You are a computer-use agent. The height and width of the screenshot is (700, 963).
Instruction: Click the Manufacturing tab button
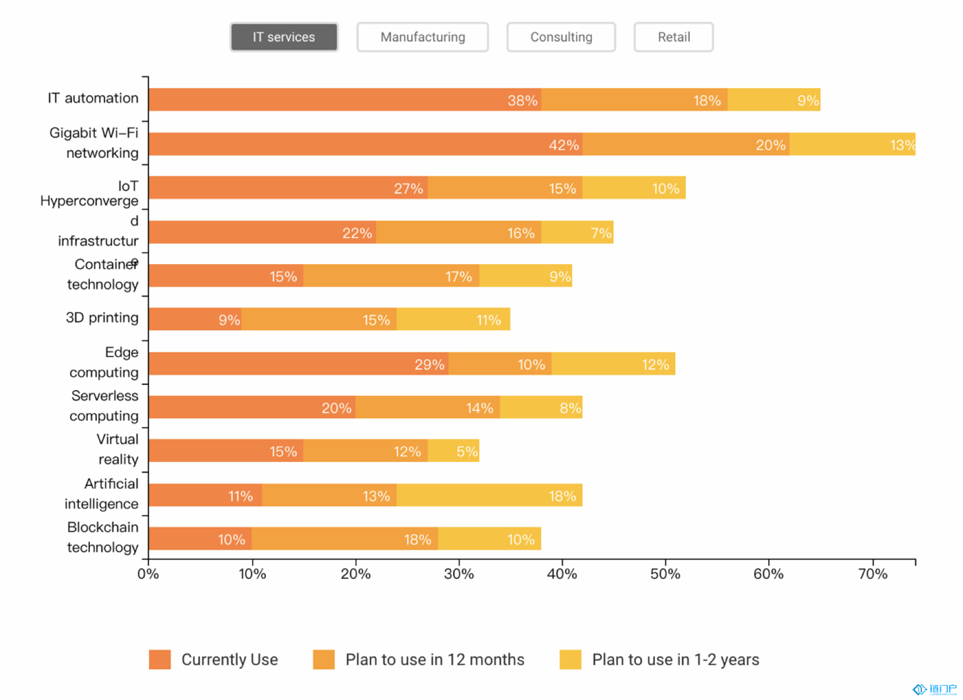422,37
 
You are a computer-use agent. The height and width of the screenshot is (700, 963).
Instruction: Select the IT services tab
284,37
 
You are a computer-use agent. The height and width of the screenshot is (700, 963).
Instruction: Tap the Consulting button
561,37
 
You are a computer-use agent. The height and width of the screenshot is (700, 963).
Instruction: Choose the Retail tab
674,37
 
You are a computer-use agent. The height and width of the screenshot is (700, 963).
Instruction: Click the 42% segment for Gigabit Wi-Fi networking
365,144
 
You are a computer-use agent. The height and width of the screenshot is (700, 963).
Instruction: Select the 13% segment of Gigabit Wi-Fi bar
852,144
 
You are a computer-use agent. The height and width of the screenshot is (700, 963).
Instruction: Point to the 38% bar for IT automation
345,99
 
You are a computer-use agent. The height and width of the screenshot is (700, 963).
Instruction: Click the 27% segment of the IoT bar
288,187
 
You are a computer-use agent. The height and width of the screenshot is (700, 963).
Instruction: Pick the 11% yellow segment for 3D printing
453,319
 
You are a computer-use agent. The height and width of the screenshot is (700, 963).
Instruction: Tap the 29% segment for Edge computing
298,363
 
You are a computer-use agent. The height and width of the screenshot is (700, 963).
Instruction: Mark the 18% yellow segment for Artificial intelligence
489,495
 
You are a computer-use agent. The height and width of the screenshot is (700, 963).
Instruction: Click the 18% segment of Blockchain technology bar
345,539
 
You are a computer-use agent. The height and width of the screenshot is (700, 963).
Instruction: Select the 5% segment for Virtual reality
453,451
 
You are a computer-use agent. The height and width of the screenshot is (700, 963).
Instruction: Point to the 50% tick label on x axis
665,574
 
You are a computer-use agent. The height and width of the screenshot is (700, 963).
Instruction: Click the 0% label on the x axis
148,574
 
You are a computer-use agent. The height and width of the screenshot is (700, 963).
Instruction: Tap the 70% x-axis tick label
873,574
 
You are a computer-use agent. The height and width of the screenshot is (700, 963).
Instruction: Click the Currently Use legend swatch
160,659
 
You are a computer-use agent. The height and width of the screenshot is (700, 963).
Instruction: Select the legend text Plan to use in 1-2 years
675,659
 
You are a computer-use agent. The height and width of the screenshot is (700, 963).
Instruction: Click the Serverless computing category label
104,406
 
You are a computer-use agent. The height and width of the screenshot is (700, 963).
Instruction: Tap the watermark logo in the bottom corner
935,690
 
